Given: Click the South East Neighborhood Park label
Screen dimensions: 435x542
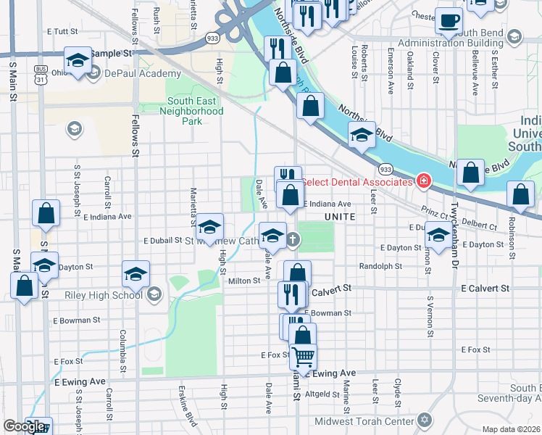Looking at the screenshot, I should coord(195,112).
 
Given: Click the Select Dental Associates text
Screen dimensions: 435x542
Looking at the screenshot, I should coord(357,182).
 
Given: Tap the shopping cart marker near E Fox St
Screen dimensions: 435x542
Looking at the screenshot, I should coord(304,357).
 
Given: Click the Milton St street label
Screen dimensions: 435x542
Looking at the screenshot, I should coord(244,281).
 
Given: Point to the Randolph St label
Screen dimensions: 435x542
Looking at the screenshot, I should coord(380,265).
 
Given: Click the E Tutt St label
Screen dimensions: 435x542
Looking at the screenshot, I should coord(61,32).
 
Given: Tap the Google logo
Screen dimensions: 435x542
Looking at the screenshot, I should coord(24,426).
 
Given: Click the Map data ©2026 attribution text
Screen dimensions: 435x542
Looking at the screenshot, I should coord(512,429).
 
